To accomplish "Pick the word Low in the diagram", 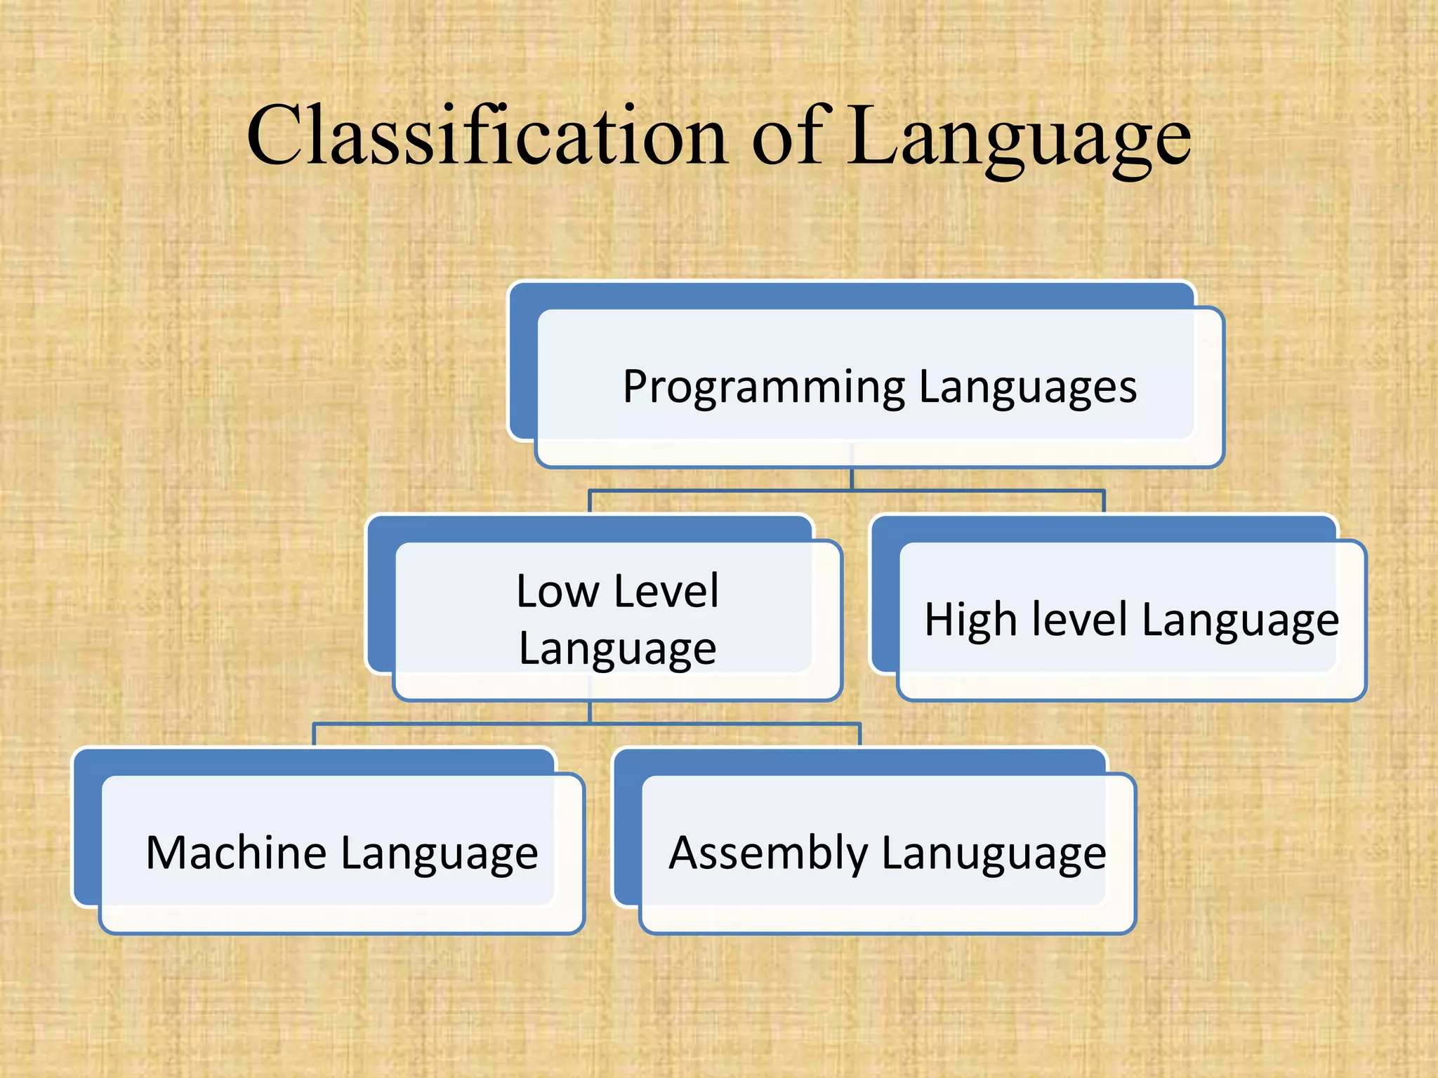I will click(558, 591).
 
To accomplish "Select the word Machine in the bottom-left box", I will click(235, 853).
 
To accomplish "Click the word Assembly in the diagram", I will click(768, 854).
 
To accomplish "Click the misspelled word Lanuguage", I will click(994, 854).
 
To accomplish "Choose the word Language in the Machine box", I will click(440, 854).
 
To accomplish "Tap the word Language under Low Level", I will click(617, 649).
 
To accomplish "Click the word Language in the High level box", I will click(1240, 621).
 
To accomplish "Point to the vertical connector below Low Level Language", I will click(590, 712).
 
